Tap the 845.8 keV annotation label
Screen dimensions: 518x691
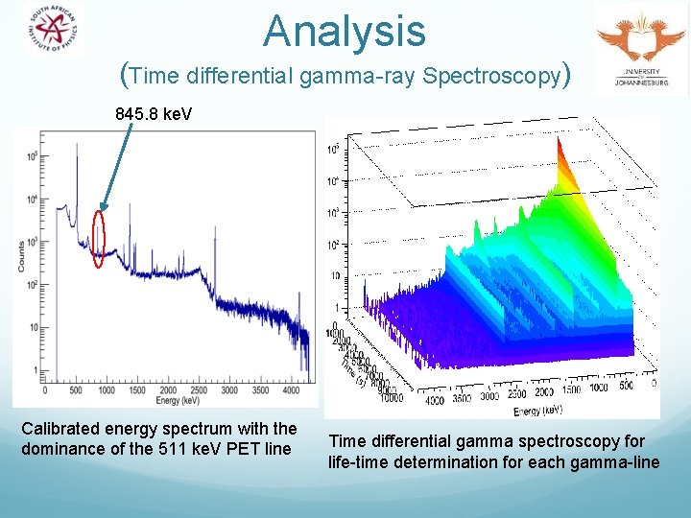coord(154,114)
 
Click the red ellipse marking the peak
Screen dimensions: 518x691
coord(98,237)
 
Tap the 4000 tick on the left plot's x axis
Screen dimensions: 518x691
coord(292,389)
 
